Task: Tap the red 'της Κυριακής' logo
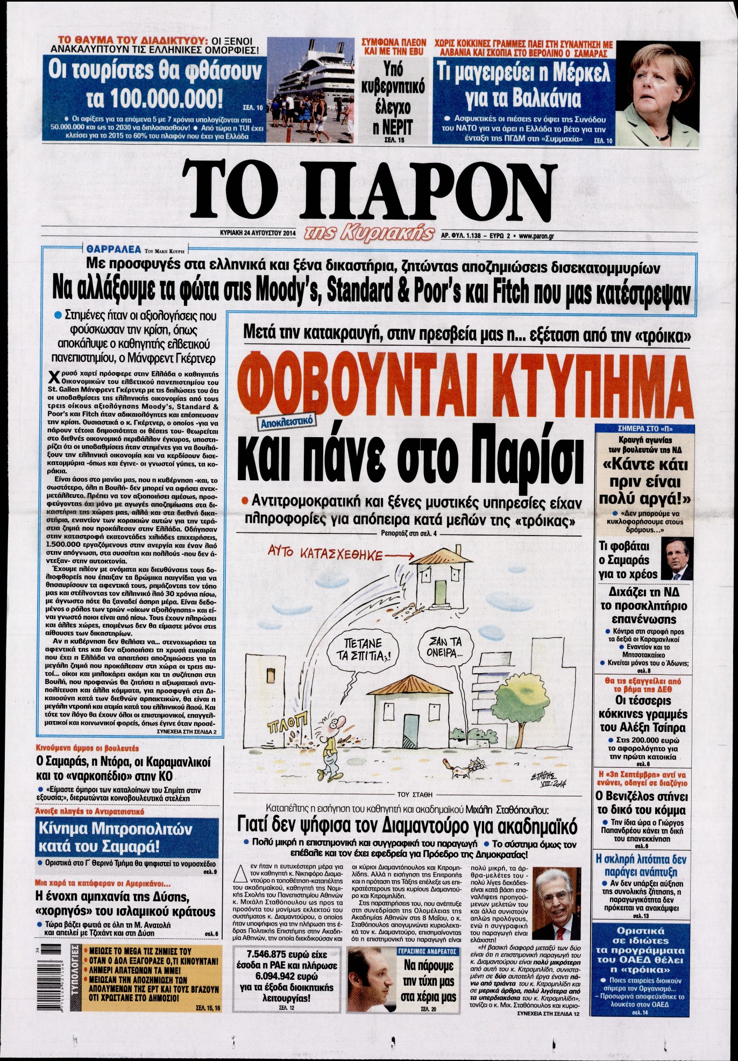coord(369,232)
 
